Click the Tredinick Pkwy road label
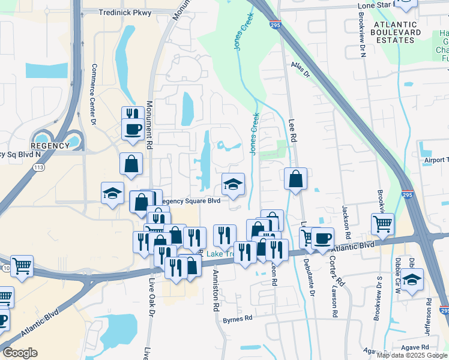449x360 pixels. tap(126, 12)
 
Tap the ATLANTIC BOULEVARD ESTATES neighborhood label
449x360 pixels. tap(393, 32)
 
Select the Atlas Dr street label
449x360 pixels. tap(300, 70)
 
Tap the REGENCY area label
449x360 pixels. tap(51, 146)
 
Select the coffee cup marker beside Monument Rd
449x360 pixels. tap(132, 128)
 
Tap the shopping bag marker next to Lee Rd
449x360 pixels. tap(295, 179)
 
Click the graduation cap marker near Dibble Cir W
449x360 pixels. tap(412, 280)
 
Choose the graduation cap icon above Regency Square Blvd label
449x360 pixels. tap(233, 184)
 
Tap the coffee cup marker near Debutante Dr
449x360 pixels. tap(322, 238)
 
